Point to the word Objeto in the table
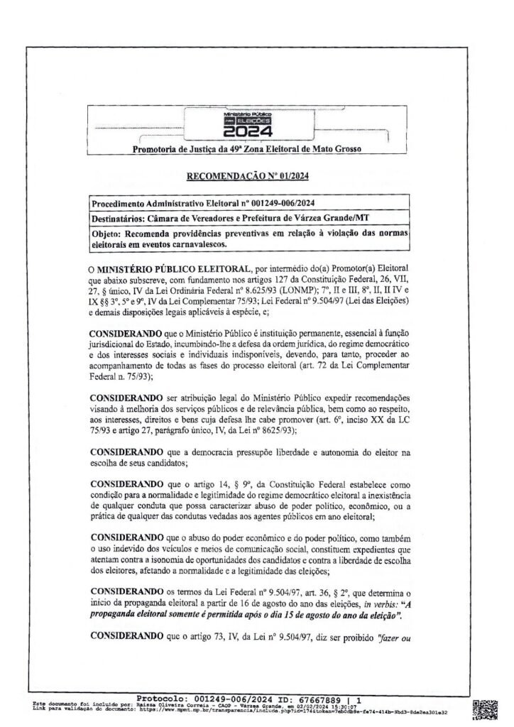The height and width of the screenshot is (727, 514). (x=108, y=233)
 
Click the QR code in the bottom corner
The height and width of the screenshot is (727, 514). (x=490, y=709)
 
